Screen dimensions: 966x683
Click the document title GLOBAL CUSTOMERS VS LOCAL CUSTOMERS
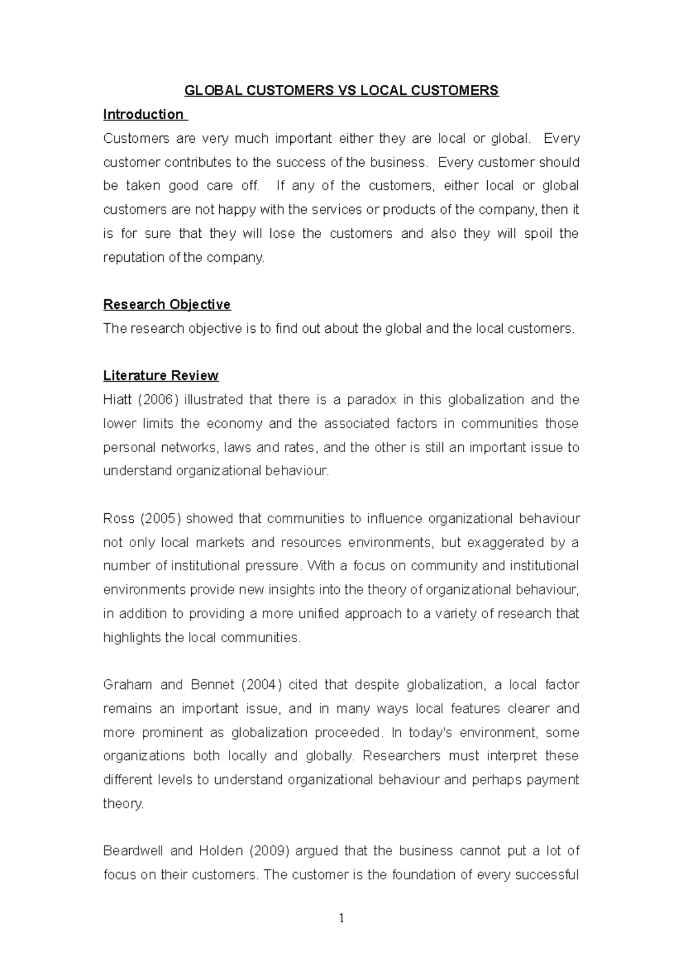[340, 90]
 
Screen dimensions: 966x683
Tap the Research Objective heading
[167, 304]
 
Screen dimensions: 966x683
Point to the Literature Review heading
[161, 375]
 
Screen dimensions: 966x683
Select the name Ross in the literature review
[118, 518]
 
